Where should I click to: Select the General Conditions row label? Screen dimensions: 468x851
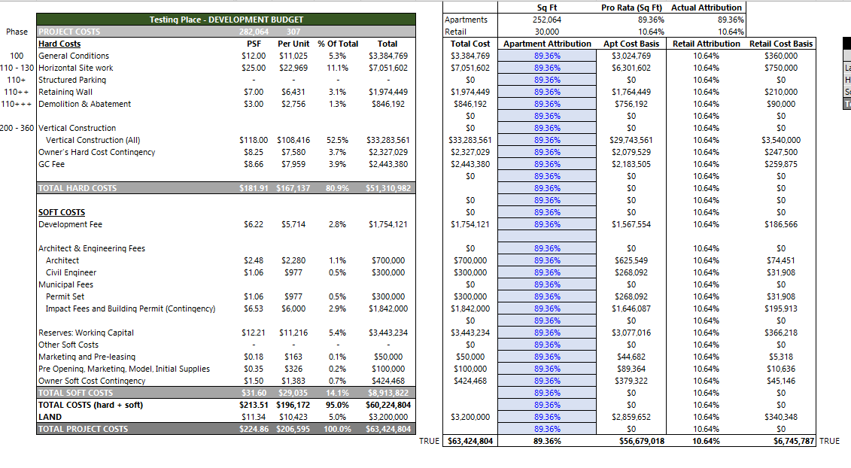[74, 56]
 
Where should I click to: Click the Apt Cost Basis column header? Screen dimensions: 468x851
[631, 44]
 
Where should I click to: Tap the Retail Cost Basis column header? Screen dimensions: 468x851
[781, 44]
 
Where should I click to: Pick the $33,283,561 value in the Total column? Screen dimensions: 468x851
[388, 140]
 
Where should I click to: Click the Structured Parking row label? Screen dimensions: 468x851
[72, 80]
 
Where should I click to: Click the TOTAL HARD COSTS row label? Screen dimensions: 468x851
[78, 188]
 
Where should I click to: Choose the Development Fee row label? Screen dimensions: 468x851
[71, 224]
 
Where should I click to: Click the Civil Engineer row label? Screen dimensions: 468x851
[71, 272]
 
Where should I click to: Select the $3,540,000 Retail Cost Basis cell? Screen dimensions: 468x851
[781, 140]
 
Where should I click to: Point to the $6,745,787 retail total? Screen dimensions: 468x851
[795, 441]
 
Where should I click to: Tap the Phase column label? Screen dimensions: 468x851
[17, 32]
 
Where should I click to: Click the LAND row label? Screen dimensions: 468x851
[50, 417]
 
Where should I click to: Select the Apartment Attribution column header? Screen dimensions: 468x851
[547, 44]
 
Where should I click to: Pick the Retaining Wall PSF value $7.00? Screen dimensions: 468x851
[254, 92]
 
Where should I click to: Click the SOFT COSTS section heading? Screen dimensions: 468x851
[62, 212]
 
